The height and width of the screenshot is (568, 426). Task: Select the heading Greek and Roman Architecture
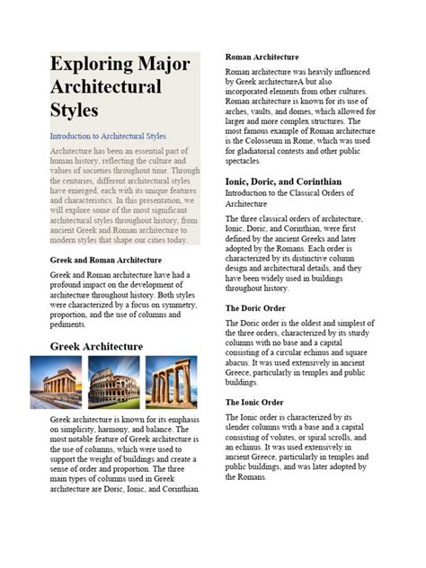(x=111, y=260)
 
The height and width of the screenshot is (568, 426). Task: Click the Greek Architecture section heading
(x=96, y=346)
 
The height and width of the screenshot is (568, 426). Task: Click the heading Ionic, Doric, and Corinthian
(x=296, y=181)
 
